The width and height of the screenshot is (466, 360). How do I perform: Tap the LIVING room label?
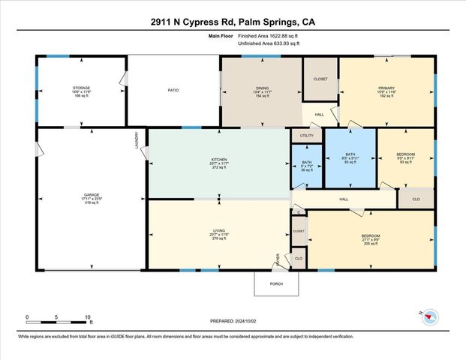[x=218, y=234]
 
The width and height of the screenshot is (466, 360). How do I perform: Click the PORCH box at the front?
[x=276, y=283]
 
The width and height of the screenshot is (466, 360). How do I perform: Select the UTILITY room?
[x=306, y=136]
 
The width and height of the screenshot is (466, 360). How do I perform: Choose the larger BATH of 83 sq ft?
[x=350, y=157]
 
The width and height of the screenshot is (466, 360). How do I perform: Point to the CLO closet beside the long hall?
[x=416, y=199]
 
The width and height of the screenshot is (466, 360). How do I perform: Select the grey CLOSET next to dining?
[x=320, y=78]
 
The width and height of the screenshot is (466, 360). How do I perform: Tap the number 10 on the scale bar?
[x=88, y=317]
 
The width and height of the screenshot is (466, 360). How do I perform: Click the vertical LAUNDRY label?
[x=137, y=140]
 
